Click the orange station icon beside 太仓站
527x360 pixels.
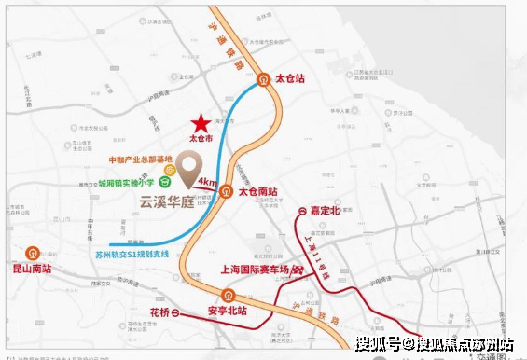[263, 79]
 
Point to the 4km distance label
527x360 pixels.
[207, 182]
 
